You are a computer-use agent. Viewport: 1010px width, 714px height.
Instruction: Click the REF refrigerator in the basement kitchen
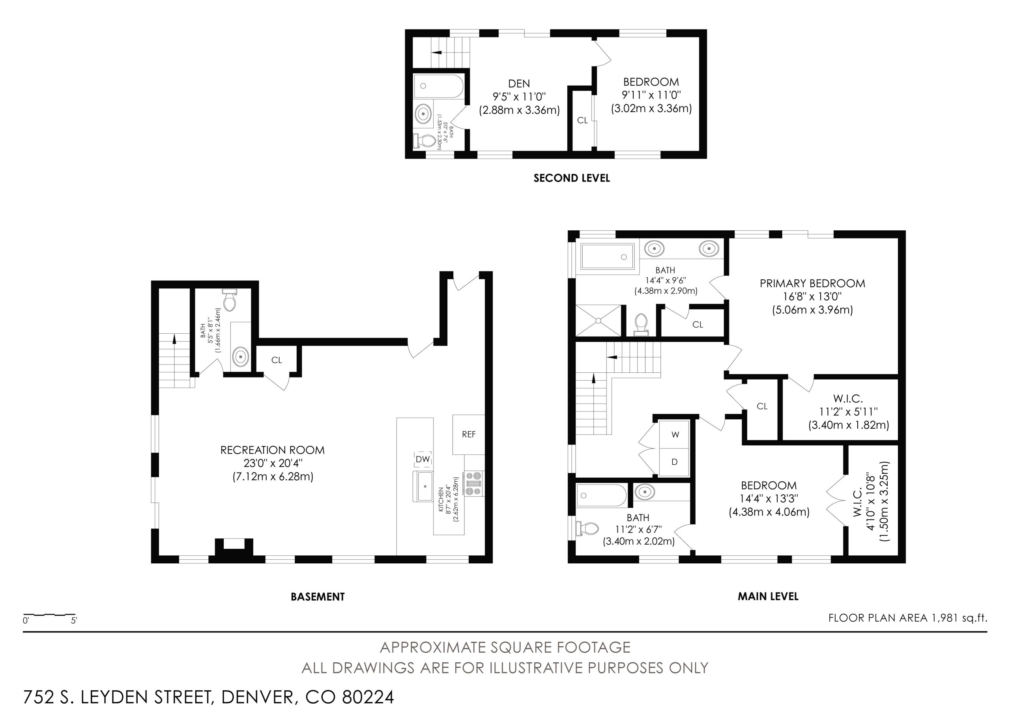point(468,434)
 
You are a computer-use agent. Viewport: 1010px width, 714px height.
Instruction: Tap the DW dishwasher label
point(422,459)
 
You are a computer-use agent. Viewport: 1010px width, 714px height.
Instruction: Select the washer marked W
point(675,435)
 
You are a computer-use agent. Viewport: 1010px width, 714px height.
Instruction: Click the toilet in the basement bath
point(229,299)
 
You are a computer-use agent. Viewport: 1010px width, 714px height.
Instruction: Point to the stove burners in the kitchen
point(473,484)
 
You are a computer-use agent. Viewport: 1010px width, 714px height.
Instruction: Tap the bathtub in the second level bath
point(439,86)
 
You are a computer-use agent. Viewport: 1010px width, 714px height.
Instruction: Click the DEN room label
point(519,84)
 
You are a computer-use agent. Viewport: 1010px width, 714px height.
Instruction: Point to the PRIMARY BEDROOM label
point(812,283)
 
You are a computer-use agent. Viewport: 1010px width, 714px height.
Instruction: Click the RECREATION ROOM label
point(272,450)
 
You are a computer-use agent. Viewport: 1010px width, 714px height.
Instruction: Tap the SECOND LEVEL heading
point(571,178)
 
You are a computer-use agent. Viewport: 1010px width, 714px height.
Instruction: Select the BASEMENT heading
point(318,597)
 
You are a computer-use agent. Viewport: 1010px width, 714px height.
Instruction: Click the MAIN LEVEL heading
point(768,596)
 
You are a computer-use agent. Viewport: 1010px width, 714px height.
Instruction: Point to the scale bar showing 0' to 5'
point(49,614)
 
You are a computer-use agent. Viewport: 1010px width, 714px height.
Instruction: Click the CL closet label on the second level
point(582,120)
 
